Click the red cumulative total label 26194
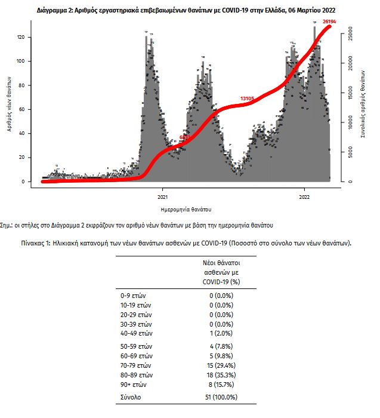tap(330, 21)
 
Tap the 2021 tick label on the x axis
tap(162, 196)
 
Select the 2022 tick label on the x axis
tap(304, 196)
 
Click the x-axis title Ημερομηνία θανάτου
tap(186, 210)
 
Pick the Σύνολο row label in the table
tap(131, 397)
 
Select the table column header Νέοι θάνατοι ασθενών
tap(221, 272)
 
